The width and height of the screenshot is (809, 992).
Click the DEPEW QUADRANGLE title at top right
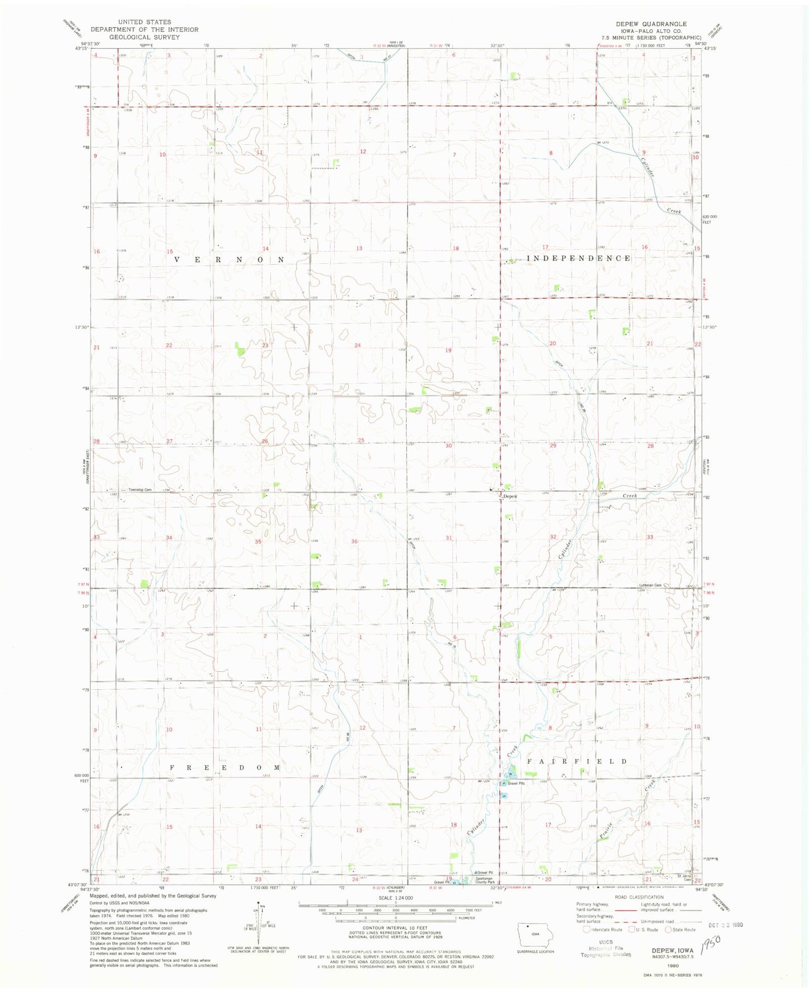(651, 24)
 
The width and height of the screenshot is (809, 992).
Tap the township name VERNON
(230, 259)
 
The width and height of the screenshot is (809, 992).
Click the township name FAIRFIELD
(577, 762)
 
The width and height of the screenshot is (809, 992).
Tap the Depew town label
(510, 497)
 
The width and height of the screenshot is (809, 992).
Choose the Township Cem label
(140, 490)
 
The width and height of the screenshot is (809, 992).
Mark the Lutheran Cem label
(650, 585)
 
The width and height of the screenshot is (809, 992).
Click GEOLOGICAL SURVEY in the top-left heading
(144, 37)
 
